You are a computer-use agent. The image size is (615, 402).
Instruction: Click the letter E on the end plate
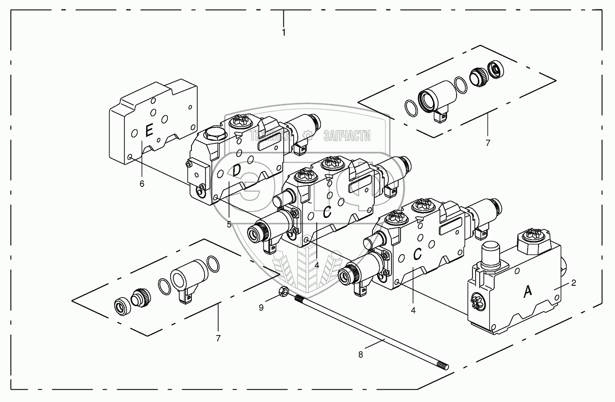tap(148, 131)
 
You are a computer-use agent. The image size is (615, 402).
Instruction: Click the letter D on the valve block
tap(236, 170)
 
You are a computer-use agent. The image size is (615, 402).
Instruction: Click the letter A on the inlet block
tap(528, 293)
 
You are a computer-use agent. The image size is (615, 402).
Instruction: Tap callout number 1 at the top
tap(283, 33)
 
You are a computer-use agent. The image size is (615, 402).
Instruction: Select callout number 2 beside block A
tap(573, 283)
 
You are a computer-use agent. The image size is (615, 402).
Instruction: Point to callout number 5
tap(229, 224)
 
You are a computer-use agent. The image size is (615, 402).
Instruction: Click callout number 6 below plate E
tap(142, 184)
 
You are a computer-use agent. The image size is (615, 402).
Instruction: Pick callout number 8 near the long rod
tap(361, 355)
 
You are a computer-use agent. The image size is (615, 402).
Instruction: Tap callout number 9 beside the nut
tap(261, 307)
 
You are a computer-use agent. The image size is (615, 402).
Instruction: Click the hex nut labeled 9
tap(281, 293)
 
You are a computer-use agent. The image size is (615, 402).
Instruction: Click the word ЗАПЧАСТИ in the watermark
tap(347, 135)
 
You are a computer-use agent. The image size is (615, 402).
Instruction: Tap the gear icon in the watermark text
tap(308, 134)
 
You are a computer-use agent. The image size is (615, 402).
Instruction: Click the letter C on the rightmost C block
tap(418, 254)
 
